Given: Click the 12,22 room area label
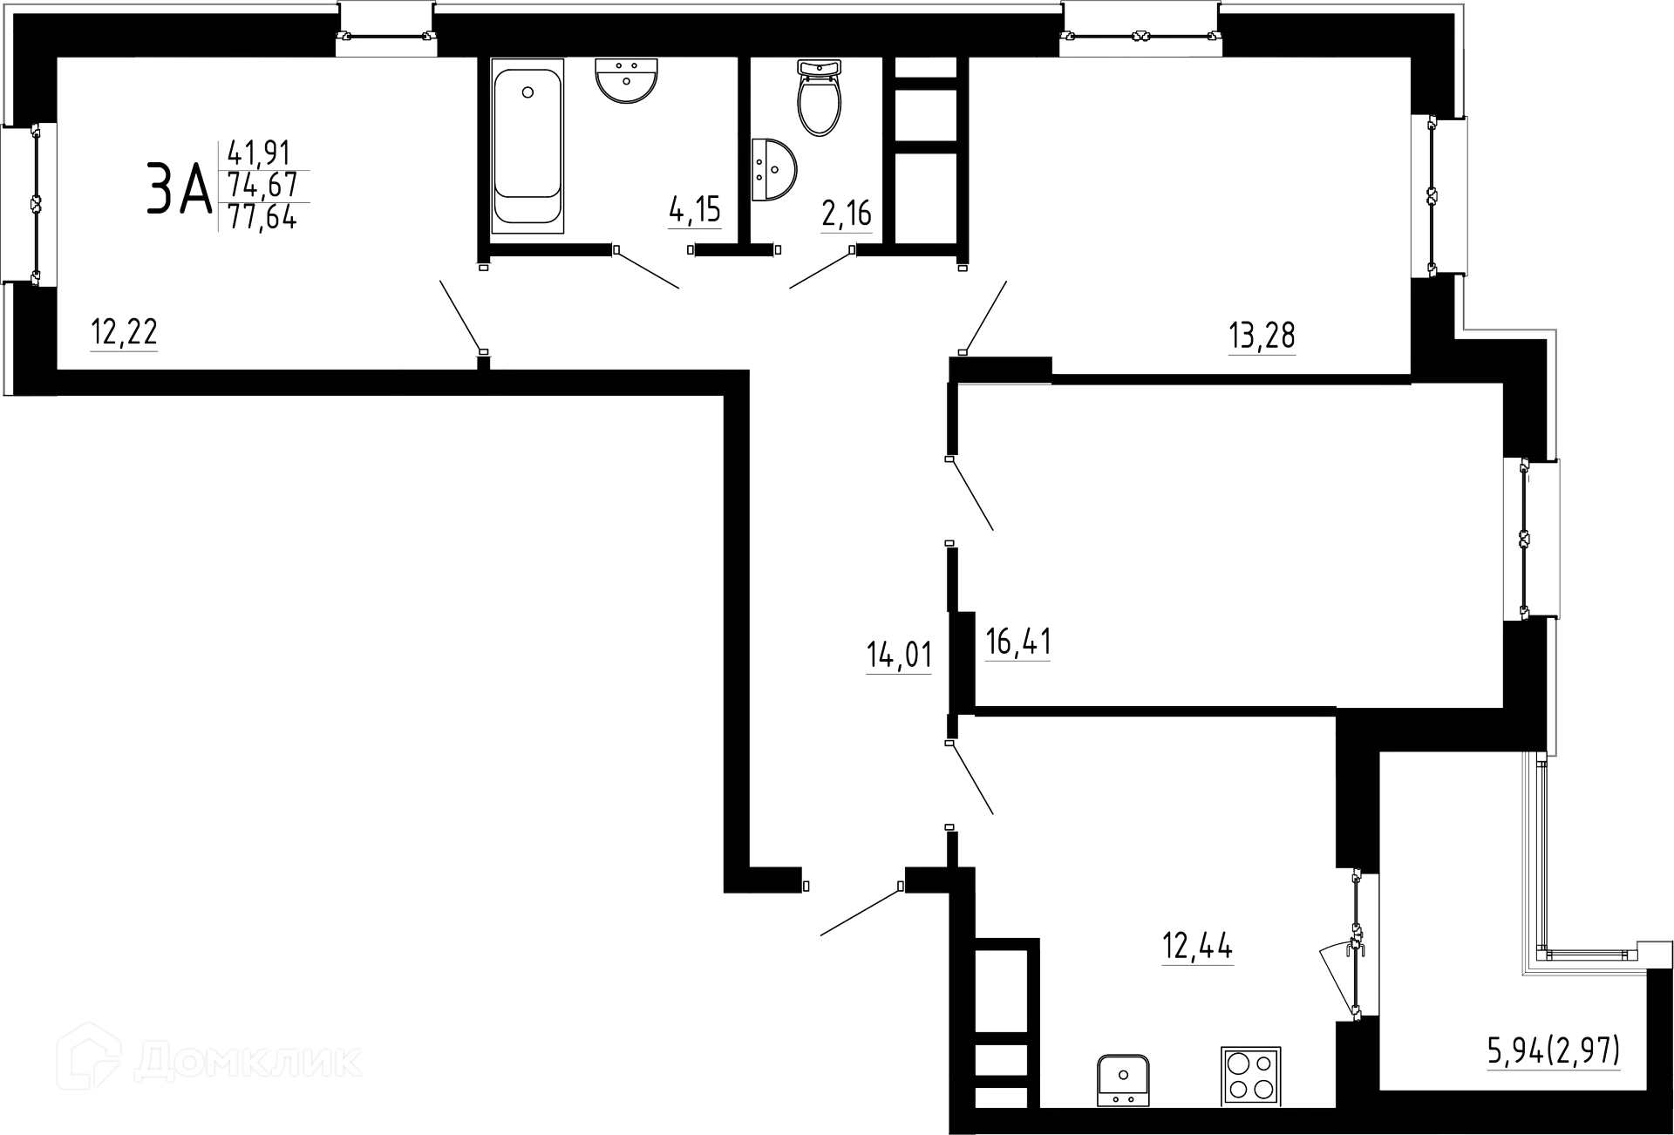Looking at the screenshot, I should click(125, 333).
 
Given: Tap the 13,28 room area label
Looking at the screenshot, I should click(1262, 336).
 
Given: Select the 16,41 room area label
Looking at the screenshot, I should click(1018, 643).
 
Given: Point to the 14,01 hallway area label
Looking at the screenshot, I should click(899, 656).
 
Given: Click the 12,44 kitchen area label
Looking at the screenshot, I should click(1196, 947).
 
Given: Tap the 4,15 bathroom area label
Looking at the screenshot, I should click(696, 212).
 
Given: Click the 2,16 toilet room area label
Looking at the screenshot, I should click(847, 213).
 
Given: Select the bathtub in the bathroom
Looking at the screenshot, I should click(527, 146).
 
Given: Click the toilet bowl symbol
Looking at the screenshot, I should click(820, 99).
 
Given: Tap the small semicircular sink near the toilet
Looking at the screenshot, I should click(775, 168).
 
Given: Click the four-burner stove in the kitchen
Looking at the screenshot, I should click(1251, 1075).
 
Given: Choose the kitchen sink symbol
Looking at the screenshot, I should click(1123, 1079).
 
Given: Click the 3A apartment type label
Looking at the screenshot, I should click(179, 191).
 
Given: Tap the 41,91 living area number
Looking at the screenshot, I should click(260, 154).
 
